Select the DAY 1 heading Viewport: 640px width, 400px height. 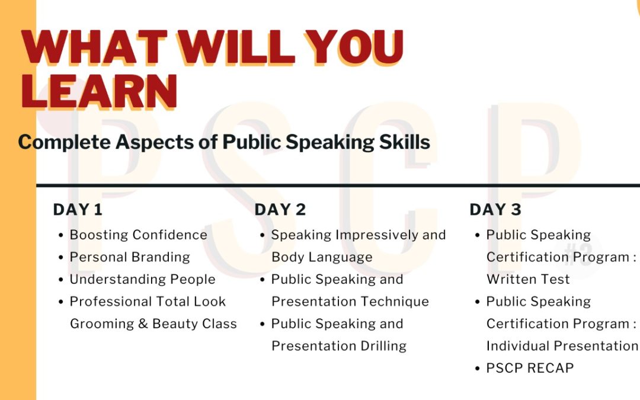point(78,210)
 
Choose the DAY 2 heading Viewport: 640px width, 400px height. point(280,210)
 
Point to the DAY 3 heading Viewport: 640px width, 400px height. point(495,210)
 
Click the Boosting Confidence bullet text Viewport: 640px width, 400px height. point(138,235)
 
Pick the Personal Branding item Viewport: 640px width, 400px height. point(130,257)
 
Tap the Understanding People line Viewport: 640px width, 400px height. point(142,279)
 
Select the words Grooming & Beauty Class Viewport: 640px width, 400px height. point(153,324)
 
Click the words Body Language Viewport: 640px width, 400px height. point(322,257)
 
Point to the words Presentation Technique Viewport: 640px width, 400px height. point(350,302)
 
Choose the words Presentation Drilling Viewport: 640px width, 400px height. point(339,346)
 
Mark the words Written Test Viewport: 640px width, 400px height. point(528,279)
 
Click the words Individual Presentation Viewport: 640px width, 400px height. point(562,346)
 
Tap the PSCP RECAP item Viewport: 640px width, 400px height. point(530,368)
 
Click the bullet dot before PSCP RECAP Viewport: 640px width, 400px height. point(478,369)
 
